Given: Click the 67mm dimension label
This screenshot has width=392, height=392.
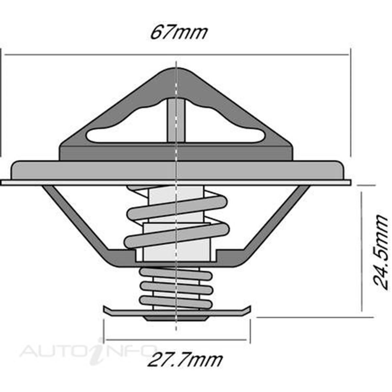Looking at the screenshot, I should [179, 32].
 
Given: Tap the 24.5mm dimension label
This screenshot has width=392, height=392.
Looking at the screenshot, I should [381, 251].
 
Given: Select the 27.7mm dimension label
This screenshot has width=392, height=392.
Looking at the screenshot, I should [185, 360].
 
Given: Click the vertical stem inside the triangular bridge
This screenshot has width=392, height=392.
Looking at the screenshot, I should [176, 121].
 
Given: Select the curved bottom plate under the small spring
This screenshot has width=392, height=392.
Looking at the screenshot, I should [176, 312].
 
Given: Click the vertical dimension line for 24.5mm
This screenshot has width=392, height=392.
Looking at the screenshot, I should [362, 252].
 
